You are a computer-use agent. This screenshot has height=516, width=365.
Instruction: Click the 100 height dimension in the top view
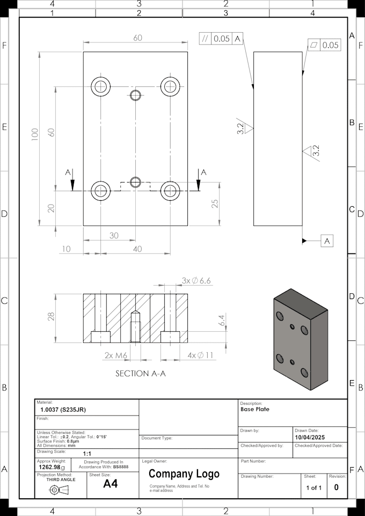[x=35, y=134]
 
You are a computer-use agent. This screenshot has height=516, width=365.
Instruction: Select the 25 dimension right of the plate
[x=214, y=204]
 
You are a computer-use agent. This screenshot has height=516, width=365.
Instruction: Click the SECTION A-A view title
[x=140, y=373]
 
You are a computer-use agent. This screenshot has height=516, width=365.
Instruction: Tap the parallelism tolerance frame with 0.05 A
[x=221, y=39]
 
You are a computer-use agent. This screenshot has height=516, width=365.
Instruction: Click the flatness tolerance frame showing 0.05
[x=324, y=45]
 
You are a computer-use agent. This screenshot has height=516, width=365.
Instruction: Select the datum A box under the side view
[x=327, y=241]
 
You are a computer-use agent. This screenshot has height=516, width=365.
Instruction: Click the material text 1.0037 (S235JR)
[x=63, y=410]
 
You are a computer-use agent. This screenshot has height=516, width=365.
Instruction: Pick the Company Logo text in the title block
[x=184, y=474]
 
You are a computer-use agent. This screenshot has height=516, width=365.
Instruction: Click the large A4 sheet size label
[x=110, y=484]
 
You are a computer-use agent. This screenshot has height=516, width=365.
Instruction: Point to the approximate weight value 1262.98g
[x=52, y=467]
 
